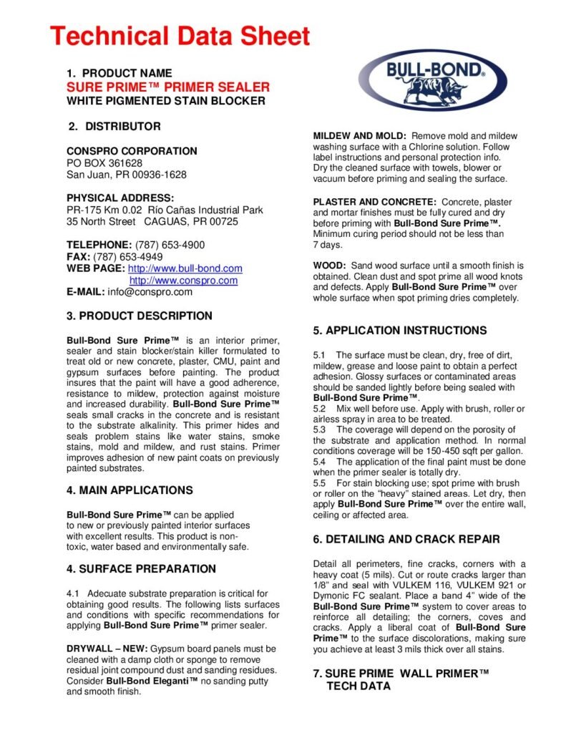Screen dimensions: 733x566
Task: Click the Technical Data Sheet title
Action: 180,36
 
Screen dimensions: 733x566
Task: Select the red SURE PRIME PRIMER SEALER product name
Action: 168,87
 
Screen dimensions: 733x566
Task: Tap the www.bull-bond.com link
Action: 185,268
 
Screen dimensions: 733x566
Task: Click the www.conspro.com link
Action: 183,281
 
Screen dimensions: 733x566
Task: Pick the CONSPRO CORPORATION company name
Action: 132,151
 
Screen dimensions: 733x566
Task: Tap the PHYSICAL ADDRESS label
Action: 120,198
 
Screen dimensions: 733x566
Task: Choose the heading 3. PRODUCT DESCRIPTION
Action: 140,316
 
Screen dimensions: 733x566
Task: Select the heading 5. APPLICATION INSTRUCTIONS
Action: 400,331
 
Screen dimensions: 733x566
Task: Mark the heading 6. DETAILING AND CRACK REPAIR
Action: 406,539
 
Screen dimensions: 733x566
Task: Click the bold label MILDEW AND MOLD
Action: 360,136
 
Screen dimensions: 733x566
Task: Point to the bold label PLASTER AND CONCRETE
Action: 374,203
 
